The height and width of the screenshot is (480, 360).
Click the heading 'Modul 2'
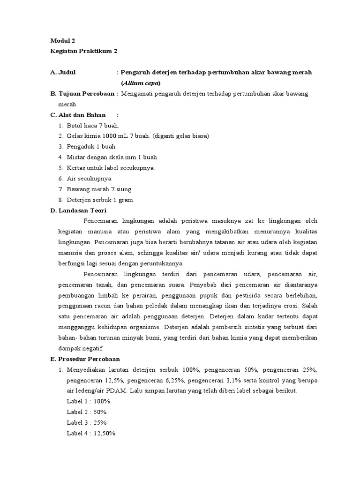click(62, 41)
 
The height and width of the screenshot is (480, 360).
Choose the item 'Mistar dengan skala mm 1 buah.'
click(112, 157)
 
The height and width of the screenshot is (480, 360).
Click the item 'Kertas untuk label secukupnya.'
click(111, 168)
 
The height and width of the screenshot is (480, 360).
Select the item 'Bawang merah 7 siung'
click(99, 189)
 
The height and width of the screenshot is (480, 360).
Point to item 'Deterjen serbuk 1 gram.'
click(100, 200)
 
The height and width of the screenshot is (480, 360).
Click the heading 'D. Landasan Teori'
click(79, 210)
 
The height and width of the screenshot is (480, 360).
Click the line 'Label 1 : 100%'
click(88, 401)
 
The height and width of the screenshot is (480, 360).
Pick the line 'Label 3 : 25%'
click(87, 422)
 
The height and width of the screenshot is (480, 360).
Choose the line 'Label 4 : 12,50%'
click(91, 433)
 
